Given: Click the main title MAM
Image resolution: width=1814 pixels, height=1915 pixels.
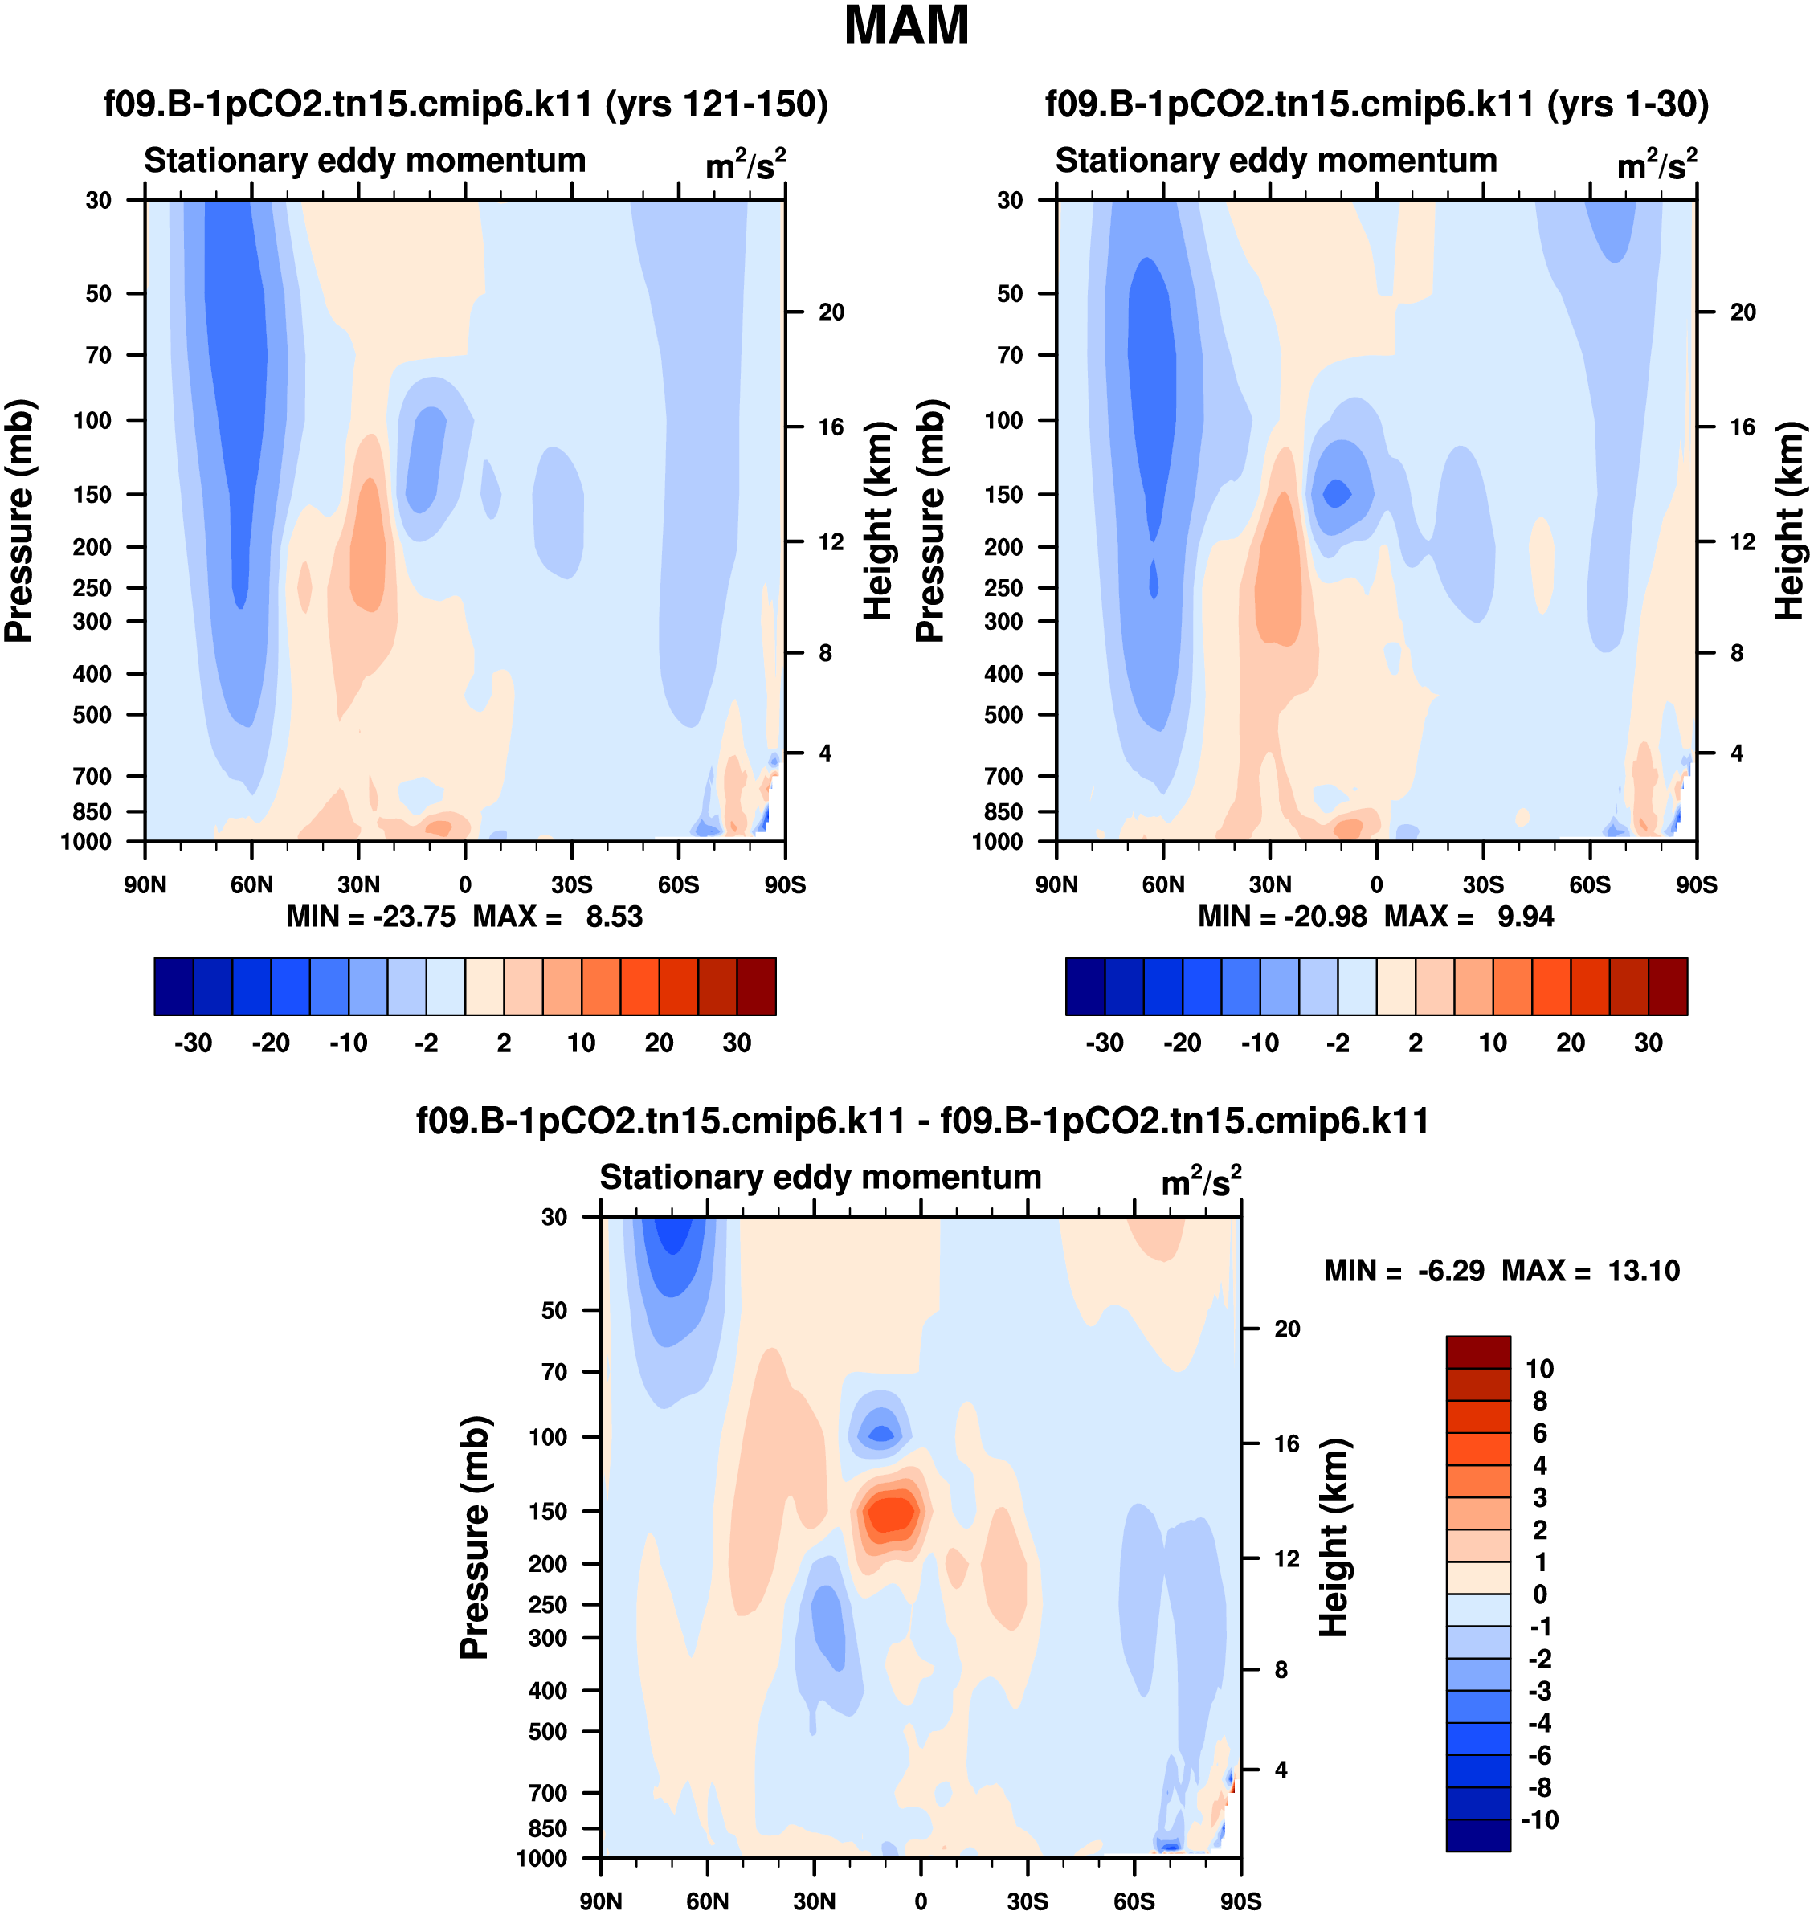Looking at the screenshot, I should pyautogui.click(x=906, y=26).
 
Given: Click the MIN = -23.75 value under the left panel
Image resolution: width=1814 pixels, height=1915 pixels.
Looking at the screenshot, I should pyautogui.click(x=371, y=917).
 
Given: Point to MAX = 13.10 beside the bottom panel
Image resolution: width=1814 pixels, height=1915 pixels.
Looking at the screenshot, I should pyautogui.click(x=1591, y=1270).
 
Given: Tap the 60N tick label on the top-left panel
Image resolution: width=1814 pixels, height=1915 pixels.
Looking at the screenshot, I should pyautogui.click(x=251, y=884).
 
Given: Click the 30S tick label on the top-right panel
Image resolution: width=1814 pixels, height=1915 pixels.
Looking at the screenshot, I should pyautogui.click(x=1483, y=884).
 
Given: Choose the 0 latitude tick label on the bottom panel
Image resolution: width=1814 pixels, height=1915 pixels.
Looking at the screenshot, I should pyautogui.click(x=921, y=1901).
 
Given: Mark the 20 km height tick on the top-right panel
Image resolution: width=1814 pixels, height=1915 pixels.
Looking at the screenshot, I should pyautogui.click(x=1743, y=312).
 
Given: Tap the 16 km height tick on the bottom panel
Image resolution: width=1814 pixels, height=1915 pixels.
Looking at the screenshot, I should pyautogui.click(x=1286, y=1444).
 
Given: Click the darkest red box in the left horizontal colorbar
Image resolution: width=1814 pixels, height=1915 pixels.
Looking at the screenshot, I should pyautogui.click(x=756, y=987).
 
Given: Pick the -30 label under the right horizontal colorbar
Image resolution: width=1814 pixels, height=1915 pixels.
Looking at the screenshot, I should pyautogui.click(x=1105, y=1043).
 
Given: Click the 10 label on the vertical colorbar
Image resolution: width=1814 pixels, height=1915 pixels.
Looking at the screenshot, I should pyautogui.click(x=1539, y=1369).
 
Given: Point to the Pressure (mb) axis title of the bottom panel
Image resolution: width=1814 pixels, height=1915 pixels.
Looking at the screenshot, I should pyautogui.click(x=475, y=1537).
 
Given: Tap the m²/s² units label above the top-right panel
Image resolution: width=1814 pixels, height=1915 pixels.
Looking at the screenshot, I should pyautogui.click(x=1657, y=165).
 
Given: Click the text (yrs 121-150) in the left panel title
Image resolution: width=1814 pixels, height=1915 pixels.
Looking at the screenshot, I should pyautogui.click(x=717, y=104).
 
